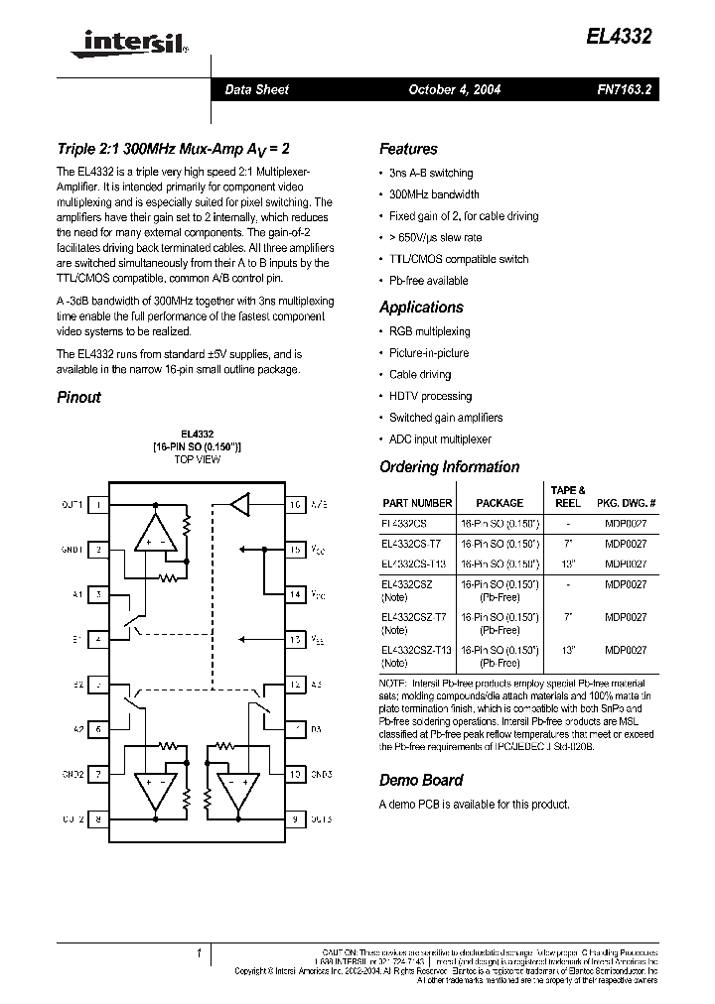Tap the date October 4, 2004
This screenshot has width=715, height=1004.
[455, 89]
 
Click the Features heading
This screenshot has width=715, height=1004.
[408, 149]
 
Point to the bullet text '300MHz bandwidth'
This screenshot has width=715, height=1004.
[434, 194]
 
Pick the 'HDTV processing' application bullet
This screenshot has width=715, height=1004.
[430, 396]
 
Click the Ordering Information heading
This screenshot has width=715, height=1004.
[449, 466]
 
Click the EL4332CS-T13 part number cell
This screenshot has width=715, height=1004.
[414, 564]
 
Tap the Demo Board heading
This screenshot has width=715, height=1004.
[421, 780]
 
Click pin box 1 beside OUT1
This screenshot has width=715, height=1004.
[98, 504]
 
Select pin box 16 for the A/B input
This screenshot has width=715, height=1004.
[295, 504]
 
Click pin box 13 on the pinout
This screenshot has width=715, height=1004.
[295, 640]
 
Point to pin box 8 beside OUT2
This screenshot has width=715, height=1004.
[98, 818]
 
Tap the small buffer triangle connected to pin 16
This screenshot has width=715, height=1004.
[240, 504]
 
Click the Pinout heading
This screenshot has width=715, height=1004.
[78, 397]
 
